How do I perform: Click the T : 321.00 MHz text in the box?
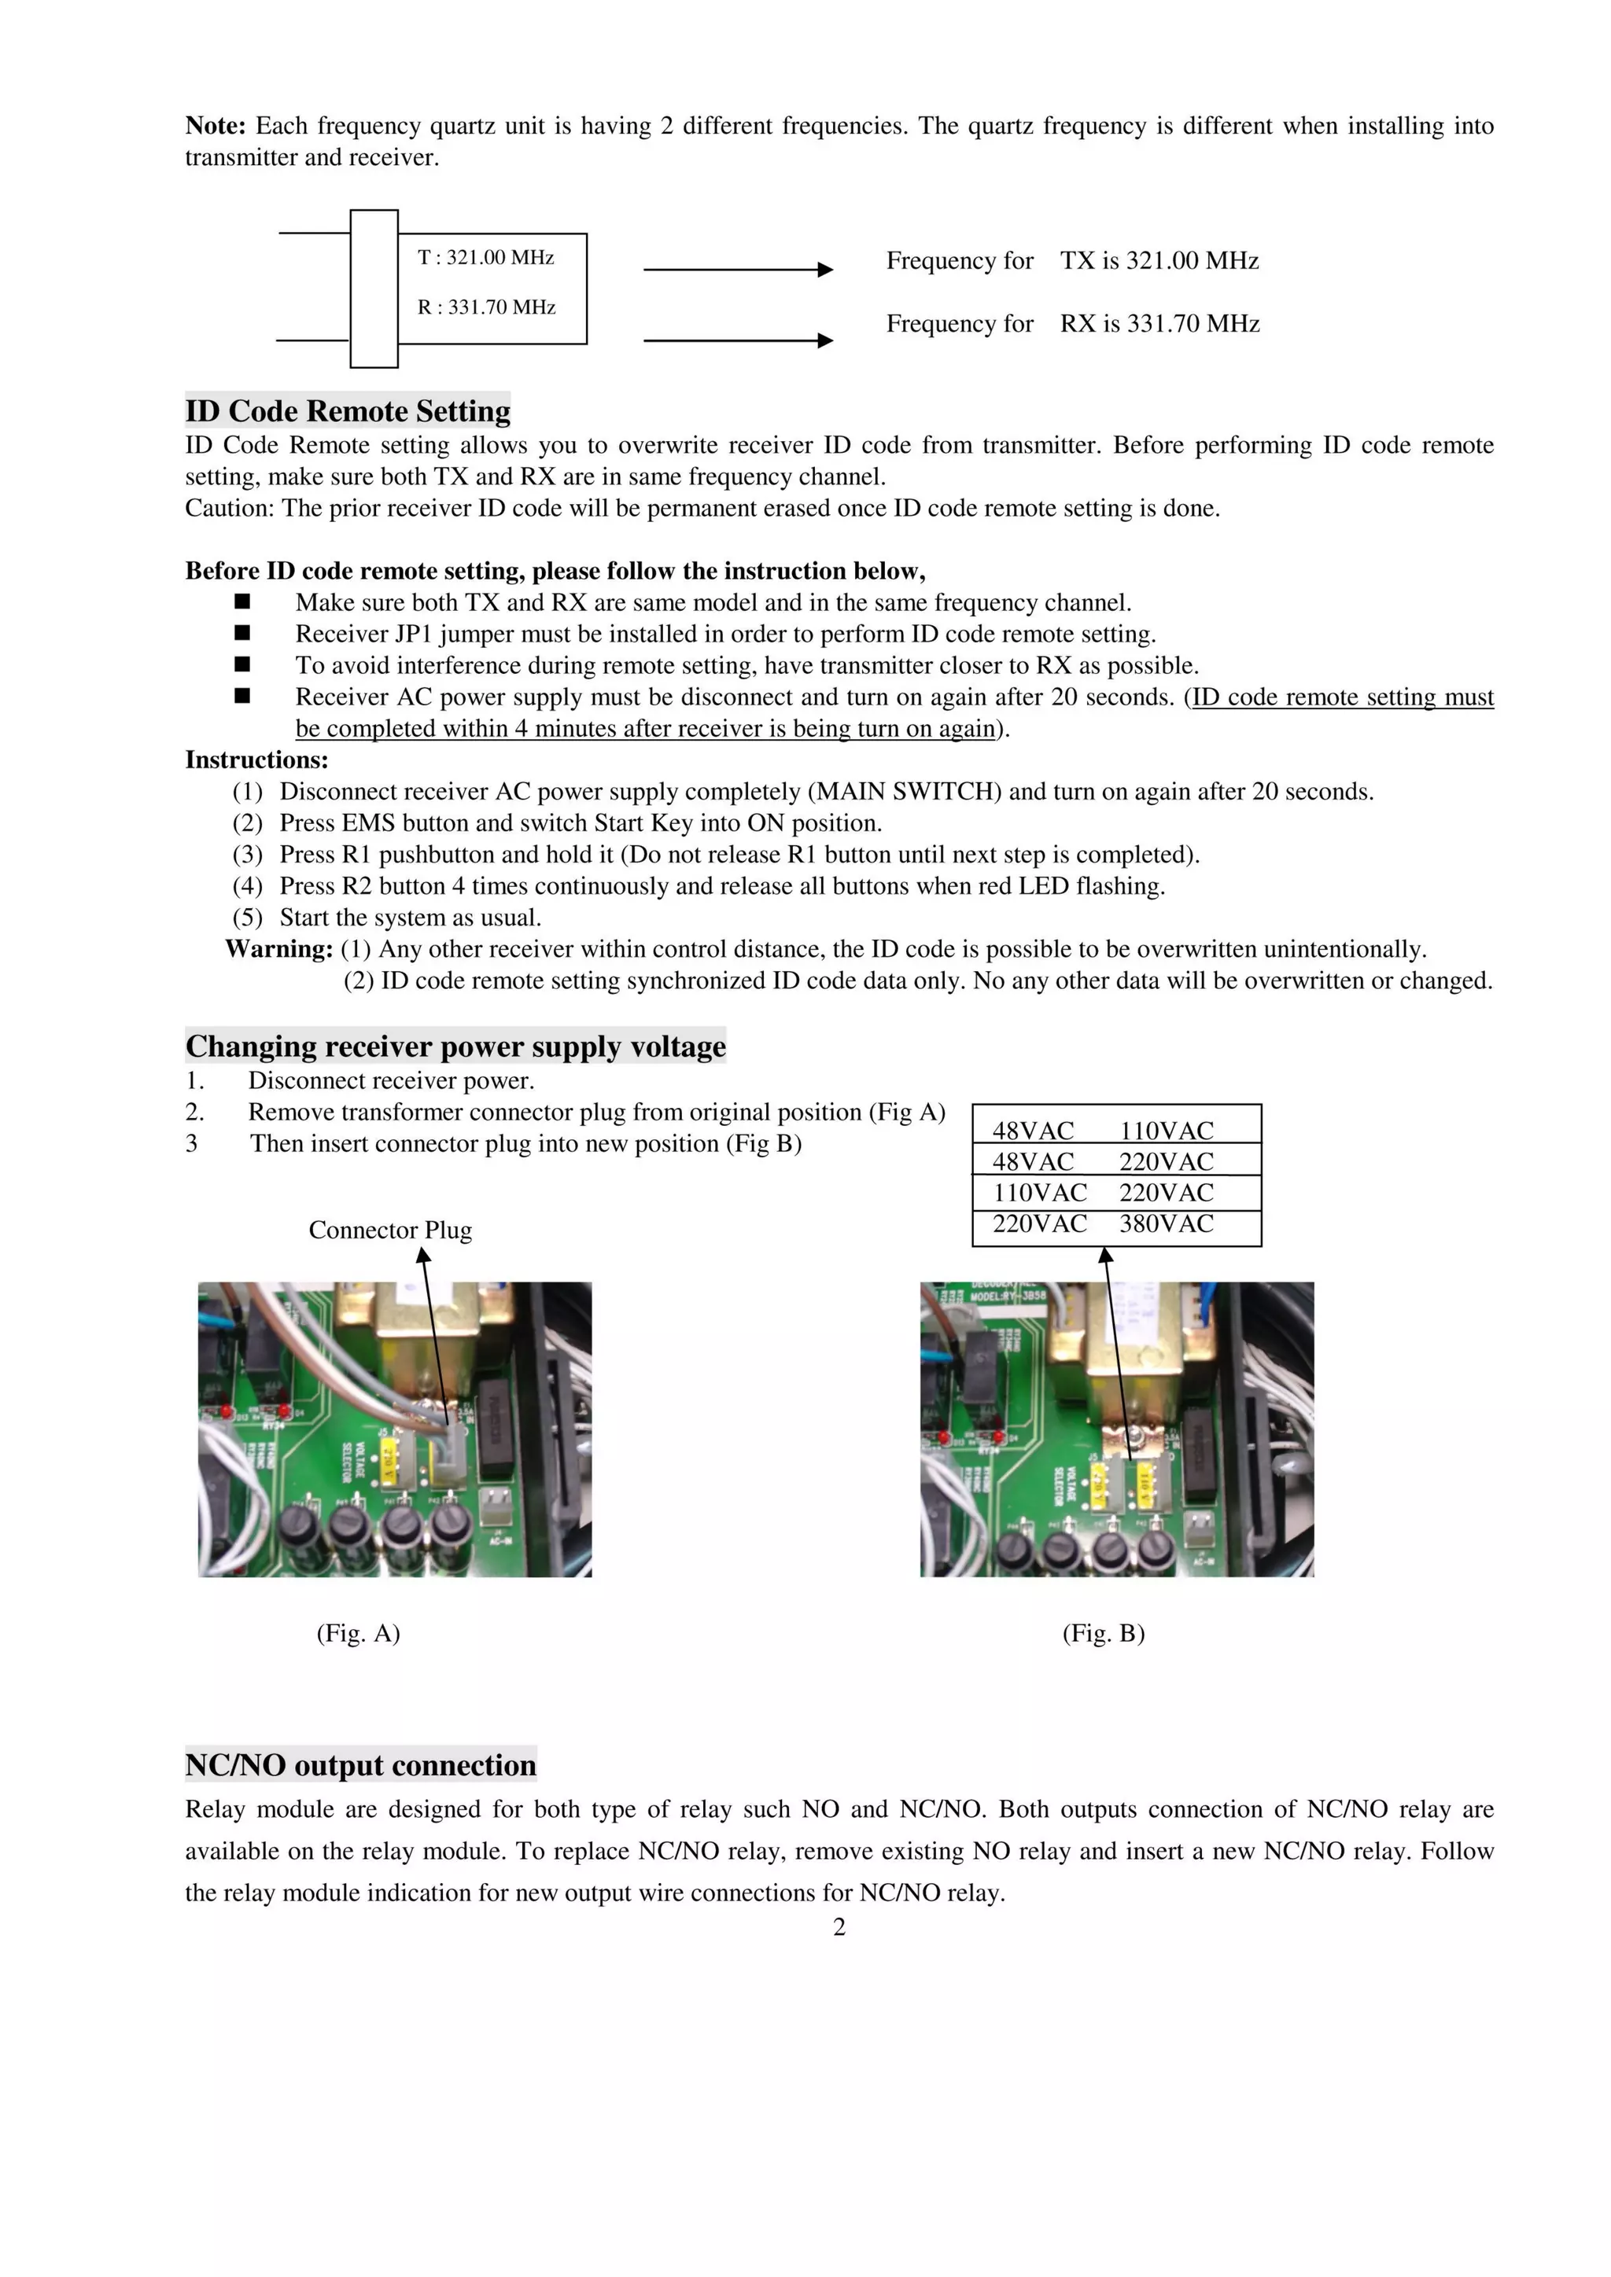pos(485,258)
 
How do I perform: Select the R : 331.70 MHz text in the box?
pos(486,307)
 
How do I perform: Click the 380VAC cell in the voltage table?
pos(1166,1223)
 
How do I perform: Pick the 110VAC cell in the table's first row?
pos(1166,1131)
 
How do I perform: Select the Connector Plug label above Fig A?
pos(390,1230)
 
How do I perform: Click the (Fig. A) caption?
pos(358,1633)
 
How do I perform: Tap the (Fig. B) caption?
pos(1103,1633)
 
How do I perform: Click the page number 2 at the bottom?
pos(839,1927)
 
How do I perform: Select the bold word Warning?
pos(278,949)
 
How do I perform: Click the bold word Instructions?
pos(256,760)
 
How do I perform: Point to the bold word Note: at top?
pos(216,126)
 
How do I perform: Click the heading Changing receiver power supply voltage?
pos(455,1047)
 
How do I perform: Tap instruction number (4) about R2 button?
pos(247,885)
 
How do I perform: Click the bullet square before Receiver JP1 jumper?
pos(242,633)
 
